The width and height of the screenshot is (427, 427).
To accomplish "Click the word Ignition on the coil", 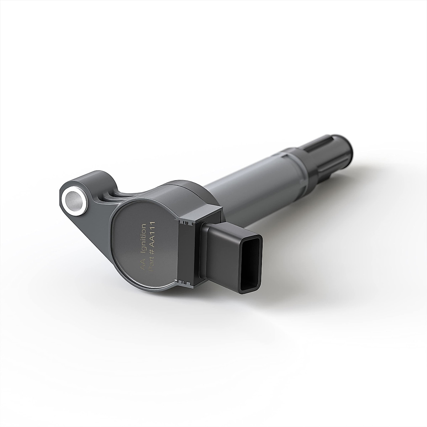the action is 143,237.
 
